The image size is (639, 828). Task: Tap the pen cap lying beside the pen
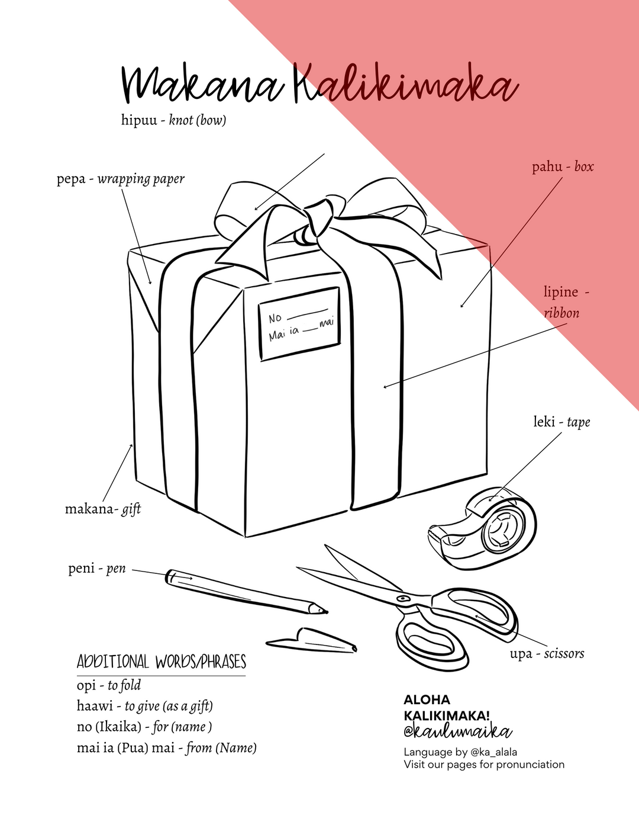pyautogui.click(x=312, y=640)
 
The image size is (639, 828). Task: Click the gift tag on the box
pyautogui.click(x=299, y=323)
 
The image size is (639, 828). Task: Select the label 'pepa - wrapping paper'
pyautogui.click(x=121, y=179)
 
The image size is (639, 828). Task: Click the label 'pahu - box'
pyautogui.click(x=562, y=167)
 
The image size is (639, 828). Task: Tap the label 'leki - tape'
pyautogui.click(x=561, y=422)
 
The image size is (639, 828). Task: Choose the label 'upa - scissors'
pyautogui.click(x=547, y=654)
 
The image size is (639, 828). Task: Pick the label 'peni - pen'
pyautogui.click(x=97, y=569)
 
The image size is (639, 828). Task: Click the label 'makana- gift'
pyautogui.click(x=103, y=509)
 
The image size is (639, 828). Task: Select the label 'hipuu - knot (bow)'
pyautogui.click(x=173, y=120)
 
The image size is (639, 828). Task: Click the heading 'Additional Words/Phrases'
pyautogui.click(x=161, y=662)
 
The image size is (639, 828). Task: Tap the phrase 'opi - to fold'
pyautogui.click(x=109, y=685)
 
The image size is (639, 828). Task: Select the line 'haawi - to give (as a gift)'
pyautogui.click(x=144, y=706)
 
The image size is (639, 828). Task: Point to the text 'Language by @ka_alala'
pyautogui.click(x=460, y=752)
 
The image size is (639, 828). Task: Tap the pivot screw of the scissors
pyautogui.click(x=404, y=598)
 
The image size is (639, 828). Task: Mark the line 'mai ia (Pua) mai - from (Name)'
pyautogui.click(x=166, y=748)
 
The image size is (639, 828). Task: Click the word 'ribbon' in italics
pyautogui.click(x=561, y=313)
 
